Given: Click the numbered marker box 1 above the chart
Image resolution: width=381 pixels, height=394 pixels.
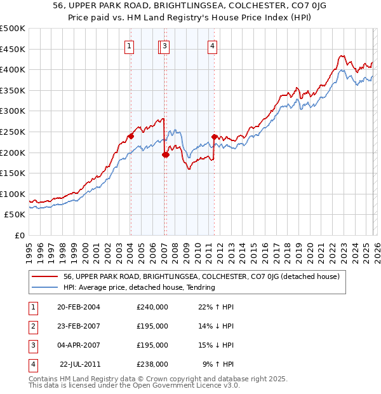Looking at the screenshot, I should pos(129,45).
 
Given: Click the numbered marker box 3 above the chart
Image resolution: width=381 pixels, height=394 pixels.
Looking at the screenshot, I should pos(164,45).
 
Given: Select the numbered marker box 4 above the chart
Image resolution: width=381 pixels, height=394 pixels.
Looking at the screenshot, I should pos(212,45).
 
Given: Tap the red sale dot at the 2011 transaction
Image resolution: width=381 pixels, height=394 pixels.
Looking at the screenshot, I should pos(214,137).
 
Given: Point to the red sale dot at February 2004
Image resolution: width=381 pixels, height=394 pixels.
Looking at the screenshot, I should pos(131,135).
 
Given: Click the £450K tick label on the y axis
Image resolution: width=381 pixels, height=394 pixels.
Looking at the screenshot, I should pos(13,49).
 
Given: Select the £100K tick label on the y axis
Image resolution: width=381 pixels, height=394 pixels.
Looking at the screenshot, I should pos(13,194).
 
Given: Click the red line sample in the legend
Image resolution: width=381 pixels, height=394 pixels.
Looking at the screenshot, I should pos(45,276).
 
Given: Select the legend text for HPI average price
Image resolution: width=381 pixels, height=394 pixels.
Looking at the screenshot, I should pos(139,287).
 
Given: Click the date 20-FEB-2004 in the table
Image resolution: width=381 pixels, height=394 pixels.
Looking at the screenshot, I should pos(79,307).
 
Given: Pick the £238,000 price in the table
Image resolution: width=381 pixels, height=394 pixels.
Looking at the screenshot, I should pos(152,364).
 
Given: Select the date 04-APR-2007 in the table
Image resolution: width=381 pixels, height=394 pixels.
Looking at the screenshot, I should pos(79,345).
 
